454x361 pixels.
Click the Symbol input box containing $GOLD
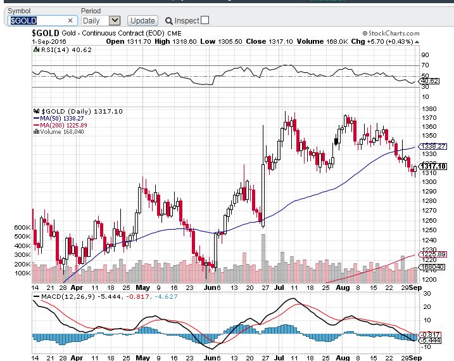pyautogui.click(x=41, y=20)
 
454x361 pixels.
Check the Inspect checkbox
pyautogui.click(x=205, y=20)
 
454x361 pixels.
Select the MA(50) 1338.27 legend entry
pyautogui.click(x=58, y=118)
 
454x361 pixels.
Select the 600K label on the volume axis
pyautogui.click(x=21, y=227)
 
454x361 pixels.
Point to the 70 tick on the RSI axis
pyautogui.click(x=425, y=65)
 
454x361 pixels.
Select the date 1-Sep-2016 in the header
pyautogui.click(x=49, y=41)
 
